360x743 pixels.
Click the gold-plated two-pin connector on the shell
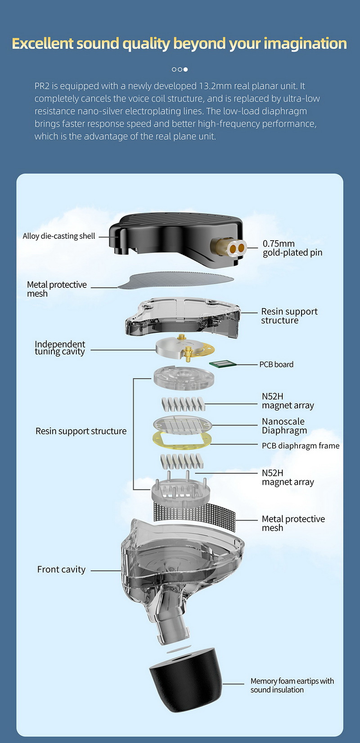click(235, 247)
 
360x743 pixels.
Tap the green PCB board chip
click(220, 364)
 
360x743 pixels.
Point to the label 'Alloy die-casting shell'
click(59, 236)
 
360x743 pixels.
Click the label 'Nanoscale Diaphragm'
click(284, 426)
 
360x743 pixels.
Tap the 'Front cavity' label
click(61, 569)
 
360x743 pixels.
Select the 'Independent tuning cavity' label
click(60, 348)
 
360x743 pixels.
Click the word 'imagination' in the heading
click(305, 44)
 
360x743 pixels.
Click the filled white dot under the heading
click(185, 69)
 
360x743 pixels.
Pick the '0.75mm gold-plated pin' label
click(292, 248)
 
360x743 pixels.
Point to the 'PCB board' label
click(276, 364)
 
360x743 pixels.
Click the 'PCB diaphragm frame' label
click(301, 446)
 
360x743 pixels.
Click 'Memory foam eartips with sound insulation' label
click(292, 685)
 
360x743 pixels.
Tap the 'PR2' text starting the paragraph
click(42, 86)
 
